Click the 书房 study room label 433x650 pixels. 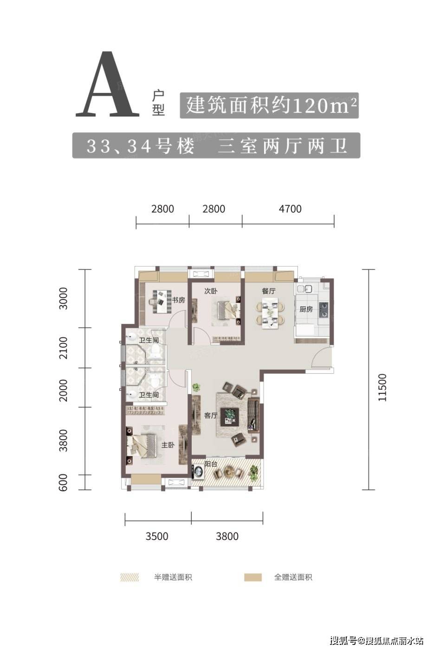[x=178, y=300]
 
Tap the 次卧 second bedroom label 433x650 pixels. [x=211, y=291]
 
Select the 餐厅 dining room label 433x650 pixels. [x=269, y=291]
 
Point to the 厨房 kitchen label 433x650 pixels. [x=306, y=309]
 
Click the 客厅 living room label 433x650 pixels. [x=211, y=416]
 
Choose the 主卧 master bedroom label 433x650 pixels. [x=168, y=445]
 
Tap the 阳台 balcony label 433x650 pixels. [x=211, y=464]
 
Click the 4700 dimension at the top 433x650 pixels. [x=290, y=209]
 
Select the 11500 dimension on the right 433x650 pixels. [x=382, y=387]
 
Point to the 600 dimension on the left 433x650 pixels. [x=63, y=482]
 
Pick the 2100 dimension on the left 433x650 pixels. [x=63, y=348]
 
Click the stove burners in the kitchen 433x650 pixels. [x=323, y=309]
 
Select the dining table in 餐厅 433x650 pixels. [x=270, y=312]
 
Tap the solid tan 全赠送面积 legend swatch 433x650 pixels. [x=252, y=577]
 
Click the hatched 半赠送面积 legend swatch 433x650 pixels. [x=129, y=577]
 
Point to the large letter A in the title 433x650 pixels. [x=108, y=84]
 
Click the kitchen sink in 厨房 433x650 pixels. [x=304, y=289]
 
